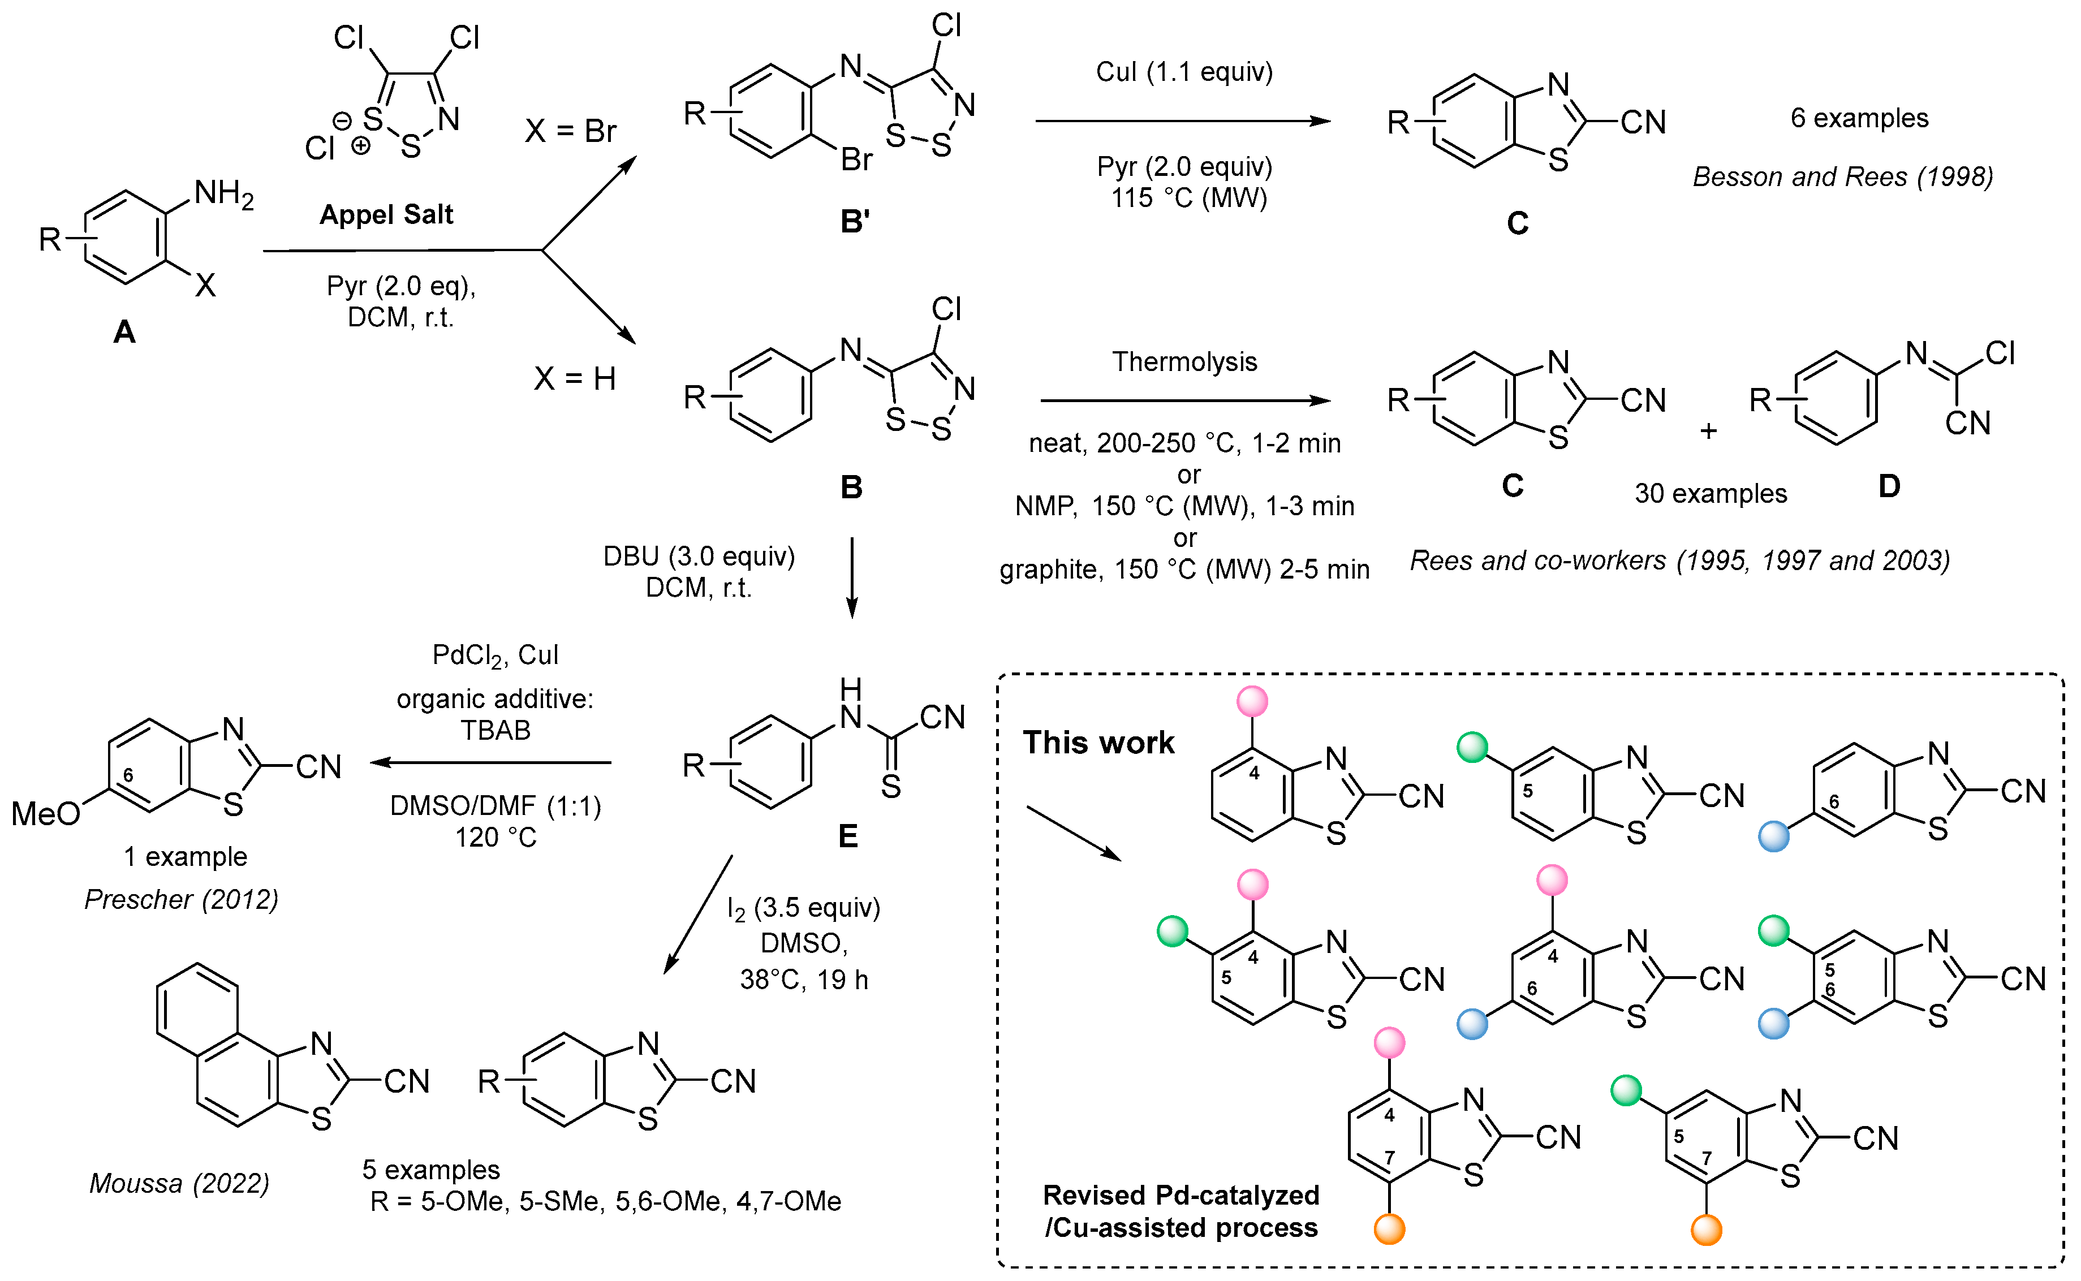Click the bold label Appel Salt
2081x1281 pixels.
(x=386, y=214)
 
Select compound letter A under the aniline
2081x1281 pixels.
(x=124, y=332)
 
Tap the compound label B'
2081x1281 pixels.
(x=855, y=222)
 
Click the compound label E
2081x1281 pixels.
(x=847, y=836)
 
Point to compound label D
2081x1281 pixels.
(x=1889, y=486)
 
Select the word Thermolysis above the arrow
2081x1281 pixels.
(x=1184, y=362)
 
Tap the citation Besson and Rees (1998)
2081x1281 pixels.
(x=1842, y=177)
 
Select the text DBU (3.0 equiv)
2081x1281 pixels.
(x=699, y=557)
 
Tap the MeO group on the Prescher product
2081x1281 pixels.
(x=45, y=814)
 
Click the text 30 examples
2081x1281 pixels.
(x=1710, y=493)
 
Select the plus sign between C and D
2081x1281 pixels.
(x=1708, y=431)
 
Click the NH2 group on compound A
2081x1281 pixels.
(x=223, y=194)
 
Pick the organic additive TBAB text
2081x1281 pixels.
(x=496, y=730)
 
